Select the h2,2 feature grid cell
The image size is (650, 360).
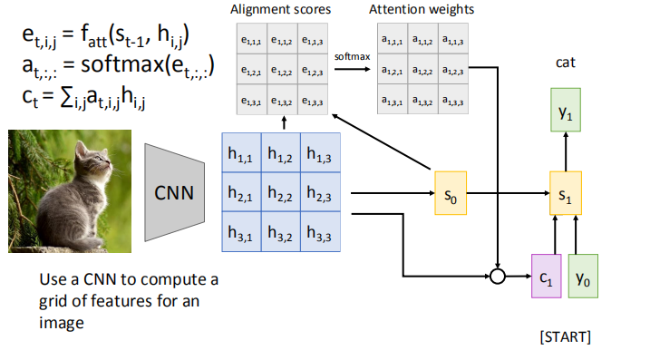[x=282, y=193]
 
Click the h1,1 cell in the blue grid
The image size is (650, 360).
[x=242, y=154]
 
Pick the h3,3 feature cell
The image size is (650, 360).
[x=321, y=232]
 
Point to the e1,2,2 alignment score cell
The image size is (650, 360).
[x=283, y=70]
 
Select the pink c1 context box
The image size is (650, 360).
[x=545, y=277]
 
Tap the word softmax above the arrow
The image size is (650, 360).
[x=350, y=55]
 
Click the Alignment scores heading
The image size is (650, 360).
[x=282, y=10]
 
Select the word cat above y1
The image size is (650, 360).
[x=566, y=63]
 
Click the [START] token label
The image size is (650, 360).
[x=566, y=337]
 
